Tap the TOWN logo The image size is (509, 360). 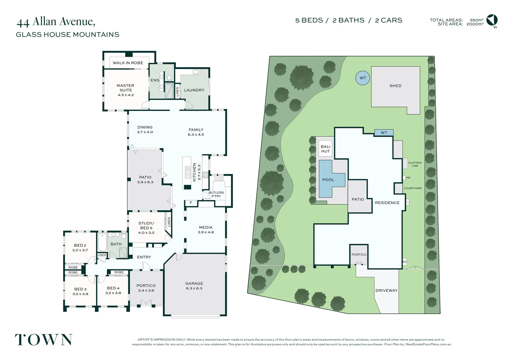pyautogui.click(x=44, y=340)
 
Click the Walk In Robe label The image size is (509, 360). pyautogui.click(x=128, y=63)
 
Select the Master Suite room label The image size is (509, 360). pyautogui.click(x=126, y=88)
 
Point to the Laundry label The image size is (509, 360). pyautogui.click(x=194, y=90)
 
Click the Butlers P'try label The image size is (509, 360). pyautogui.click(x=216, y=194)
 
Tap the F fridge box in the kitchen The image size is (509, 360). pyautogui.click(x=191, y=203)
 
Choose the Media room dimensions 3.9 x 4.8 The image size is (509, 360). pyautogui.click(x=206, y=232)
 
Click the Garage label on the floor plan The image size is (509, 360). pyautogui.click(x=194, y=283)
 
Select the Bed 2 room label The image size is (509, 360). pyautogui.click(x=80, y=245)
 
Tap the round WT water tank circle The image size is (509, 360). pyautogui.click(x=363, y=78)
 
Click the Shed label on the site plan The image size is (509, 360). pyautogui.click(x=395, y=86)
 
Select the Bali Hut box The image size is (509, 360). pyautogui.click(x=325, y=149)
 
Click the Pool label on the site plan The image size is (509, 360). pyautogui.click(x=328, y=180)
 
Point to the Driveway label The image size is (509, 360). pyautogui.click(x=386, y=290)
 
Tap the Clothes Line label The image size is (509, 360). pyautogui.click(x=415, y=164)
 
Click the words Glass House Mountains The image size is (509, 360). pyautogui.click(x=68, y=35)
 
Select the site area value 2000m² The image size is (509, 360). pyautogui.click(x=475, y=24)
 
